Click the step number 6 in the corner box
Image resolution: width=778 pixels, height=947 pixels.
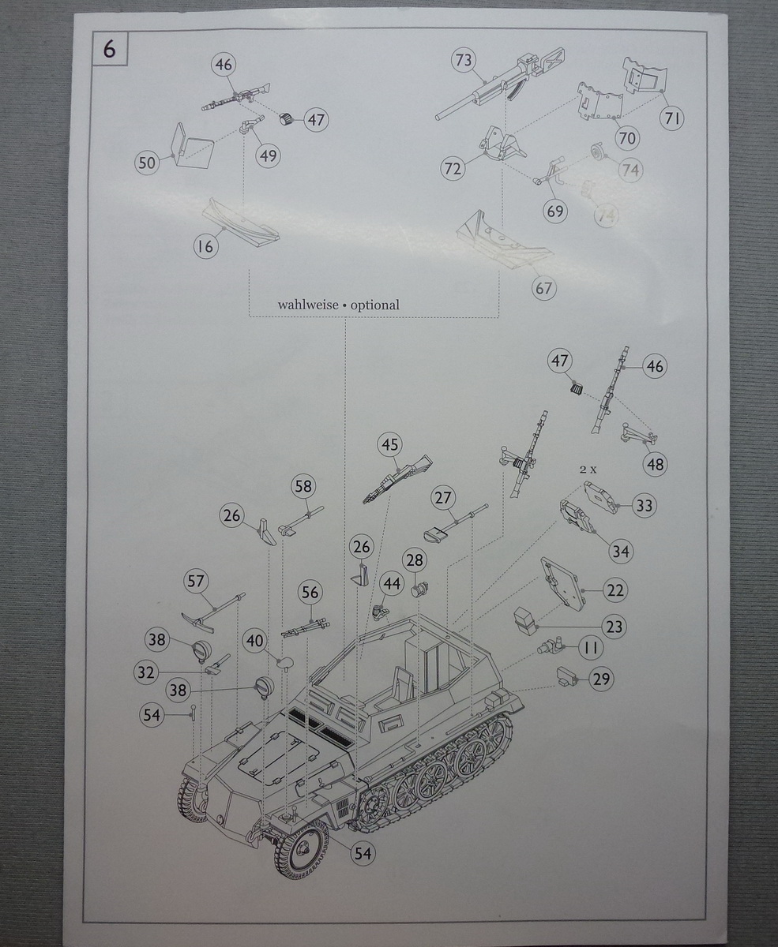(x=109, y=49)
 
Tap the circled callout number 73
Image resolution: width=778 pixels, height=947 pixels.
(x=464, y=61)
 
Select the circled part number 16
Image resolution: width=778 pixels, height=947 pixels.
(x=205, y=246)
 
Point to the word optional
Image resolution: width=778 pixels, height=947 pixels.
(x=375, y=305)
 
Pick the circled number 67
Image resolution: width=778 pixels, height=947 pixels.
(x=544, y=288)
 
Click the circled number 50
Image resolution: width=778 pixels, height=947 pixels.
(x=148, y=163)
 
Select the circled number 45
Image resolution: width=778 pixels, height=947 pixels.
(x=390, y=445)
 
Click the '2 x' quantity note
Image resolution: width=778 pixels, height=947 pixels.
(x=588, y=469)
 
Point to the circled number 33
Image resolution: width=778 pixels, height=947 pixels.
(x=645, y=506)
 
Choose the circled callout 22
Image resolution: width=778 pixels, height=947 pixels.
(x=615, y=590)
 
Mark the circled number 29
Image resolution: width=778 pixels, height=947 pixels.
(x=602, y=679)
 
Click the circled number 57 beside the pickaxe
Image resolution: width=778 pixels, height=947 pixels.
(x=195, y=582)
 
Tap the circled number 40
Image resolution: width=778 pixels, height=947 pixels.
(x=254, y=640)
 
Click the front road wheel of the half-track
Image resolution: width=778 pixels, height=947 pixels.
(x=302, y=849)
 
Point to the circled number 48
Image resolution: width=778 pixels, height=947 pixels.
(x=656, y=465)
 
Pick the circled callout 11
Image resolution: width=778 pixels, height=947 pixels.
(x=590, y=649)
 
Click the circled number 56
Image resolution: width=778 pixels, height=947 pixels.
(x=310, y=593)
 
